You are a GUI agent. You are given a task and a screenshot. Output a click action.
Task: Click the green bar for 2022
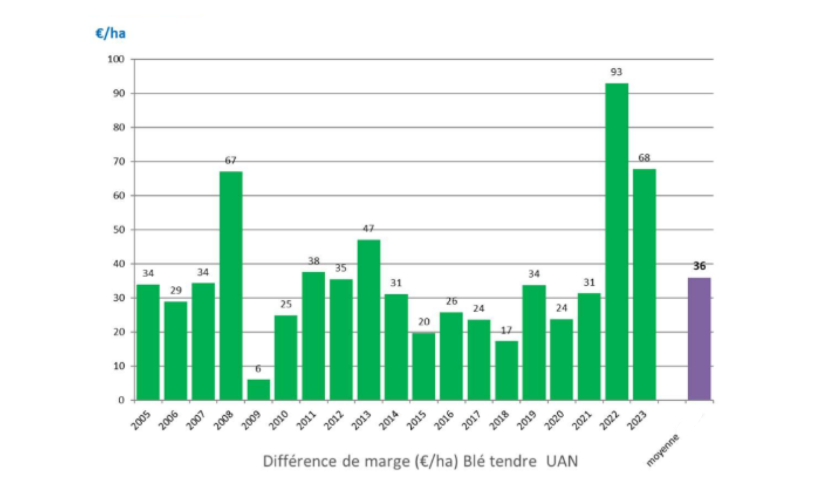pos(617,241)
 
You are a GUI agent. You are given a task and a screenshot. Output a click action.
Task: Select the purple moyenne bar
pos(699,339)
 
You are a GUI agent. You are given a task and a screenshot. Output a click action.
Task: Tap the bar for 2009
pos(259,389)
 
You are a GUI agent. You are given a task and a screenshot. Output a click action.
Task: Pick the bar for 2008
pos(231,286)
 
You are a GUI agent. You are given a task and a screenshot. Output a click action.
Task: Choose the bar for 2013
pos(369,320)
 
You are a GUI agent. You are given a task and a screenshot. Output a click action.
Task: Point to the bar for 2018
pos(506,370)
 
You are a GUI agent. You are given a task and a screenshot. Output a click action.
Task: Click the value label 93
pos(616,72)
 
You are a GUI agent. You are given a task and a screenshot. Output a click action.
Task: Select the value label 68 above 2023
pos(644,158)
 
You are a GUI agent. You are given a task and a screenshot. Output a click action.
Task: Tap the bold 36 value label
pos(699,266)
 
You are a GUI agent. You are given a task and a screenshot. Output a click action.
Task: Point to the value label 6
pos(258,369)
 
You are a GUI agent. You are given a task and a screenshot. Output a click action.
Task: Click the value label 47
pos(369,228)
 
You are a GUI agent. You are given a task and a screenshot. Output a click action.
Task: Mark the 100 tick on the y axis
pos(116,59)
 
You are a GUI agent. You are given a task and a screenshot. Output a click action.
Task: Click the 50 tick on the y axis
pos(118,229)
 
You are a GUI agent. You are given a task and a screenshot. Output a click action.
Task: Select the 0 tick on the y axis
pos(121,400)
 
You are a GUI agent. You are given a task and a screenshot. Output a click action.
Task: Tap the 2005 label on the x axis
pos(141,421)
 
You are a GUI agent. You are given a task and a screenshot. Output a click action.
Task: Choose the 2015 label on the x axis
pos(417,421)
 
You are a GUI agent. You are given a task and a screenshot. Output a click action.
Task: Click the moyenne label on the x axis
pos(662,450)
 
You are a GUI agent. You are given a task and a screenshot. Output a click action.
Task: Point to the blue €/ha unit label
pos(111,34)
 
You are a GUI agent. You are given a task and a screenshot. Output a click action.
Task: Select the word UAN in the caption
pos(562,461)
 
